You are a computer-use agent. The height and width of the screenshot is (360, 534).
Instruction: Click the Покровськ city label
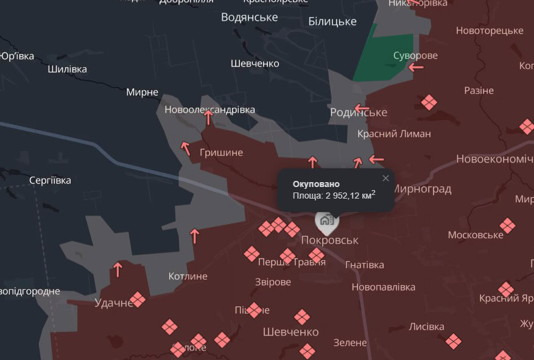(x=329, y=240)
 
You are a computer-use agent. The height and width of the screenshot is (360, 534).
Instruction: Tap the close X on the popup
(x=385, y=178)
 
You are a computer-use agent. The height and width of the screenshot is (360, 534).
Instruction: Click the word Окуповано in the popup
(x=316, y=184)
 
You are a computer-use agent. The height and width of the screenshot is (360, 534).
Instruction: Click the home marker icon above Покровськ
(x=326, y=220)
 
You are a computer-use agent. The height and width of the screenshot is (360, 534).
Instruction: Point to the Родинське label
(x=359, y=113)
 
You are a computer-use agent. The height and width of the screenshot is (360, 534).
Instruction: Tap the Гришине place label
(x=221, y=153)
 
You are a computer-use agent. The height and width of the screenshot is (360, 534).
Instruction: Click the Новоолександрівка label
(x=209, y=110)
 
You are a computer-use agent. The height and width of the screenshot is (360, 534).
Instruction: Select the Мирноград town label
(x=422, y=189)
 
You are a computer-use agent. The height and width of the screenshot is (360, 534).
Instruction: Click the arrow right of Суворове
(x=416, y=68)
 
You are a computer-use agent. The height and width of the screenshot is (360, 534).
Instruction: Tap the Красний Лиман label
(x=394, y=133)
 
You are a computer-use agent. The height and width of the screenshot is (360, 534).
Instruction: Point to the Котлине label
(x=188, y=276)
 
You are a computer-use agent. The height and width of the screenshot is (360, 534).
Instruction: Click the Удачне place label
(x=114, y=303)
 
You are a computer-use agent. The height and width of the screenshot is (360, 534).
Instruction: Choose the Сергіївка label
(x=50, y=180)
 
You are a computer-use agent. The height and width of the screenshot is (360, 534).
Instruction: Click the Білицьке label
(x=332, y=22)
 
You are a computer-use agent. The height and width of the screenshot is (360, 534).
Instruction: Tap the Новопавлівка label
(x=384, y=287)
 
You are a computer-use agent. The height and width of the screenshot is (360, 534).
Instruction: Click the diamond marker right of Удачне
(x=139, y=299)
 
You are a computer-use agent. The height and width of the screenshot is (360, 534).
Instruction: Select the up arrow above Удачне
(x=118, y=269)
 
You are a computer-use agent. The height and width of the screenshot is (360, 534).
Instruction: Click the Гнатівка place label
(x=365, y=264)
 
